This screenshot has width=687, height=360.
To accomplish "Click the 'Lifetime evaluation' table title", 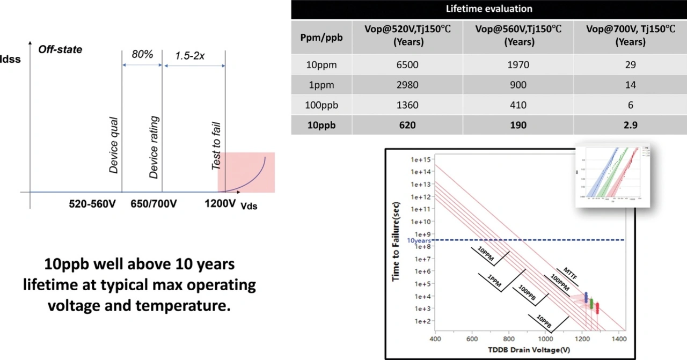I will (x=488, y=9).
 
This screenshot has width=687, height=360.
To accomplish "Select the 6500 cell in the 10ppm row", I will (x=407, y=65).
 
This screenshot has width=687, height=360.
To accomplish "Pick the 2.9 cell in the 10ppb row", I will (x=630, y=125).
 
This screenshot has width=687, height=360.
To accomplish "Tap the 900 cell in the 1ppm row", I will (x=518, y=85).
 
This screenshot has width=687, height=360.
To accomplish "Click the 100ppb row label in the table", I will (x=321, y=105).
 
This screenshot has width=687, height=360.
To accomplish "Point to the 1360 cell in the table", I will (x=407, y=105).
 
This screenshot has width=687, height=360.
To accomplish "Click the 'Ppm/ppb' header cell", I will (x=321, y=36).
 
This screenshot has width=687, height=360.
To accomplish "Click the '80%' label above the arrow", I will (x=142, y=54).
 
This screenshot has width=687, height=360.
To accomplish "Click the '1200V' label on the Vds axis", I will (x=221, y=204).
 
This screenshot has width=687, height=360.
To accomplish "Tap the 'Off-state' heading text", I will (x=60, y=49).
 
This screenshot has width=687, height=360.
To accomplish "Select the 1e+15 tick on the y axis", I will (x=421, y=159).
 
